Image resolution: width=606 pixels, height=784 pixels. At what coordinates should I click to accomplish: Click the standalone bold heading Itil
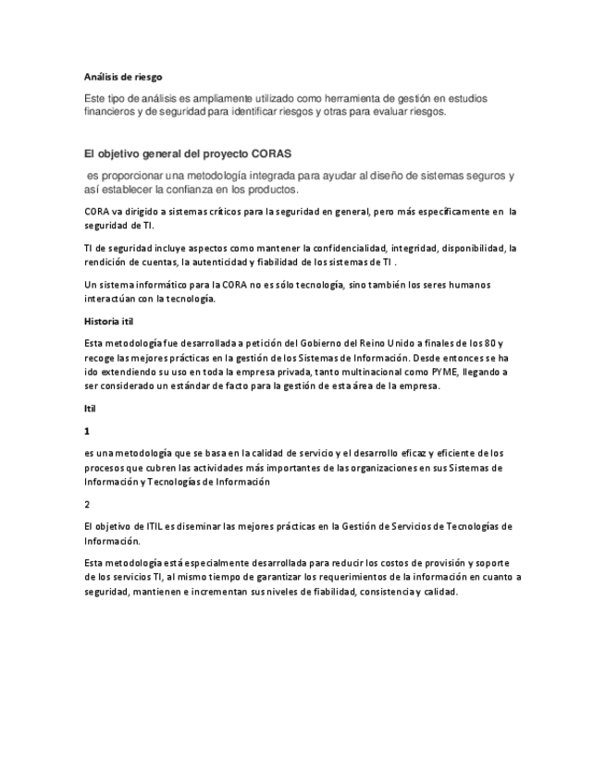point(90,408)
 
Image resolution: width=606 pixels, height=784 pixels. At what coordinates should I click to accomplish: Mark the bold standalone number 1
point(87,431)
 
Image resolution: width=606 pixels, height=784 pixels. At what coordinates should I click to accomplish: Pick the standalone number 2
point(87,504)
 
